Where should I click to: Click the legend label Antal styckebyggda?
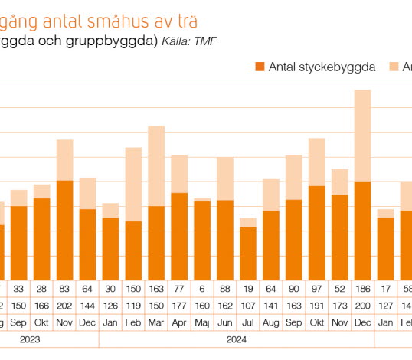point(322,67)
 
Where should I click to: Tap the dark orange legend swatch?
point(259,67)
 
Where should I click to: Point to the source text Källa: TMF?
point(189,41)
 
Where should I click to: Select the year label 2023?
point(31,339)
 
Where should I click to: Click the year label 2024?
point(237,339)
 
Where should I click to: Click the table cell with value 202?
point(65,304)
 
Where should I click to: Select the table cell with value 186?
point(362,288)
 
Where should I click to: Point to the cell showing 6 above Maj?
point(202,288)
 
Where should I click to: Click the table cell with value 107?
point(247,304)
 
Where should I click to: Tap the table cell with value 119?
point(133,304)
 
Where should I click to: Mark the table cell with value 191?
point(316,304)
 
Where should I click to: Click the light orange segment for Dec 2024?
point(362,135)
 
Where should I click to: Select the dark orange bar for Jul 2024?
point(247,253)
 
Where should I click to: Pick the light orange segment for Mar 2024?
point(156,165)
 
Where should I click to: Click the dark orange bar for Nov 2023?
point(65,230)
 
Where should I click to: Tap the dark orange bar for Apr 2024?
point(179,236)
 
